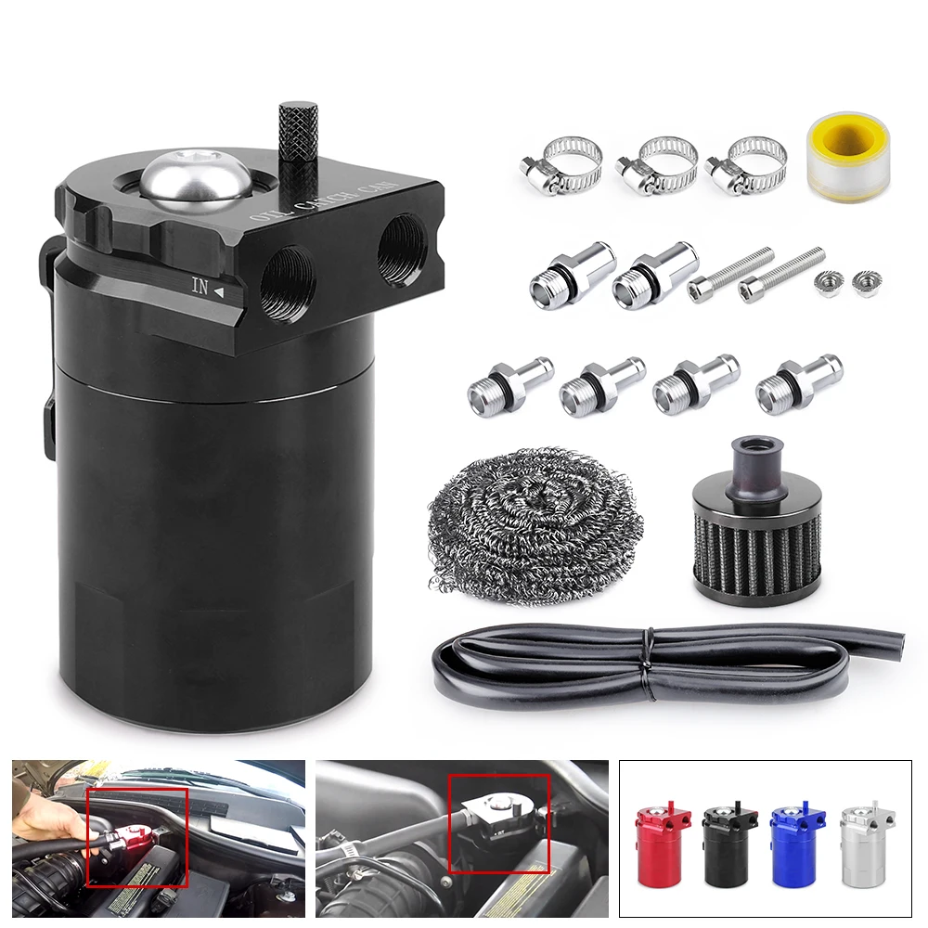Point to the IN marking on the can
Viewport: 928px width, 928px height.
coord(200,288)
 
